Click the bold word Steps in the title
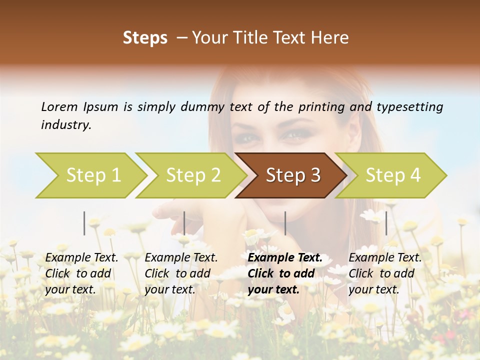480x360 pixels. pos(145,38)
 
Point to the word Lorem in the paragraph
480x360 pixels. pos(59,106)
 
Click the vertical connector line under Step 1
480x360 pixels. pos(84,223)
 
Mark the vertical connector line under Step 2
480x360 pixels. pos(184,223)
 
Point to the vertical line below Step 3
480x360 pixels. pos(285,223)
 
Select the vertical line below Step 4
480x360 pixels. pos(386,223)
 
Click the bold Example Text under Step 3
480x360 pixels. pos(285,258)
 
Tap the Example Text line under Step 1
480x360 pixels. pos(81,258)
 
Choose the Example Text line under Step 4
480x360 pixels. pos(385,258)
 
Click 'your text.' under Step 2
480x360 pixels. pos(169,289)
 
